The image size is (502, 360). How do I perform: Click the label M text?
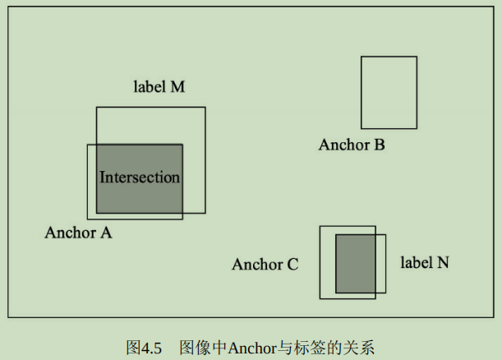coord(159,87)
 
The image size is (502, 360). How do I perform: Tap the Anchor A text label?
coord(78,233)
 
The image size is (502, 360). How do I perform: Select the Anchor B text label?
coord(352,145)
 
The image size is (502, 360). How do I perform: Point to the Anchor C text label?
coord(265,265)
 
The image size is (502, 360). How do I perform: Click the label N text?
coord(425,263)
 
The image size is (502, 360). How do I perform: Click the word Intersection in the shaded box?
coord(139,178)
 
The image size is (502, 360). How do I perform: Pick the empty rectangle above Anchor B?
coord(389,92)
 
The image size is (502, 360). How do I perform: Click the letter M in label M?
coord(177,87)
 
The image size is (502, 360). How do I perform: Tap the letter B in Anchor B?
coord(379,145)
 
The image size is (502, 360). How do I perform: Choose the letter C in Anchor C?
coord(292,265)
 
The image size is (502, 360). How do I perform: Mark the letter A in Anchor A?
coord(106,233)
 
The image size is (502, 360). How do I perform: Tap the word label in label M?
coord(148,87)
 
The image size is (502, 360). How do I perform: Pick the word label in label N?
coord(415,263)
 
